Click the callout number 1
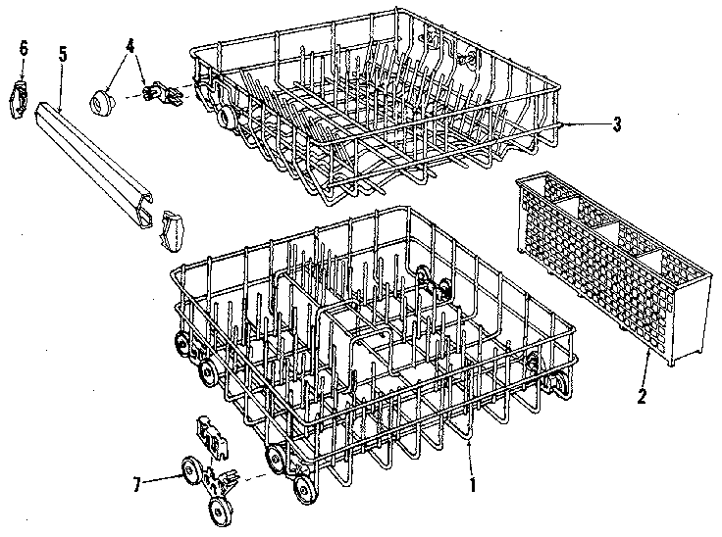(x=472, y=482)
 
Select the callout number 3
(x=616, y=123)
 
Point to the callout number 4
(x=130, y=45)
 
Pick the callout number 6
(x=24, y=46)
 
